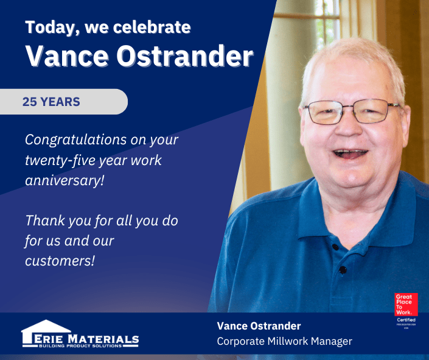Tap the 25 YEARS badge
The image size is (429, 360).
[x=52, y=102]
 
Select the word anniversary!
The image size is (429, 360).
[x=64, y=181]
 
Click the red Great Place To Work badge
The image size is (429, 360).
[x=406, y=304]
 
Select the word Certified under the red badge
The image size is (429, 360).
[x=406, y=320]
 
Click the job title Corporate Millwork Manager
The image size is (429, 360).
[x=284, y=341]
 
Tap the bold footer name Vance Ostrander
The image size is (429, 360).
[x=259, y=326]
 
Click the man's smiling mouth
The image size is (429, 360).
[x=351, y=153]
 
